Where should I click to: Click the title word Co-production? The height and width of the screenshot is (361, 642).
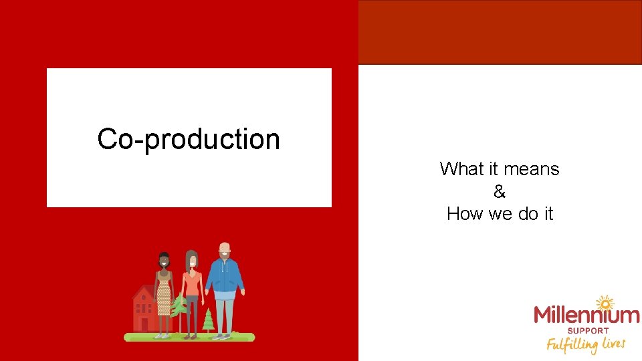point(189,140)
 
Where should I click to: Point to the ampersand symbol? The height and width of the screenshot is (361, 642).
point(500,192)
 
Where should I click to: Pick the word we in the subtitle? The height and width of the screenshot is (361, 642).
point(503,214)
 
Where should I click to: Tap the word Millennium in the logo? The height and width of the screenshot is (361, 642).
point(586,315)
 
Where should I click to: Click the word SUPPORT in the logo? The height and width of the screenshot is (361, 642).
point(587,330)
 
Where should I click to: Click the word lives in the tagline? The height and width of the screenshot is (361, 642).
point(613,343)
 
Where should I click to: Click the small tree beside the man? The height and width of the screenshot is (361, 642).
point(209,320)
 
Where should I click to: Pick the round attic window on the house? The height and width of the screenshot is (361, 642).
point(142,295)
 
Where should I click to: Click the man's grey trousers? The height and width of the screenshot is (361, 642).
point(225,314)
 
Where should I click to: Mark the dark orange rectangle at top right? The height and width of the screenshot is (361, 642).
point(500,32)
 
